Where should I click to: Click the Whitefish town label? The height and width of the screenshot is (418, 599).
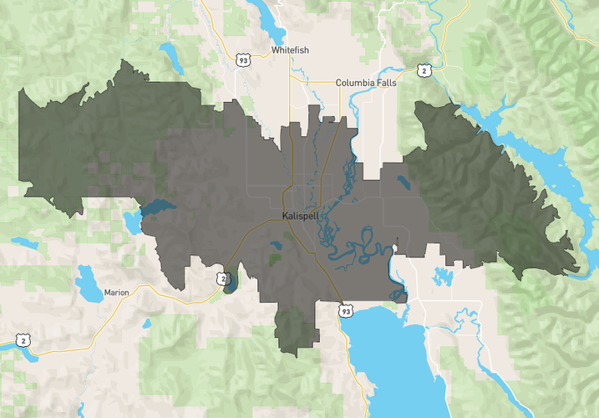[290, 50]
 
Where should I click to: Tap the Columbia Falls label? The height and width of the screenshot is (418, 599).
[365, 83]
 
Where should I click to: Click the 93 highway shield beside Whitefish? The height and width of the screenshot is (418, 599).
[242, 60]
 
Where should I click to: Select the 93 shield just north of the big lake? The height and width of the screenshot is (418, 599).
[345, 311]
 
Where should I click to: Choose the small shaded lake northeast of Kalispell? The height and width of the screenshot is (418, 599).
[404, 181]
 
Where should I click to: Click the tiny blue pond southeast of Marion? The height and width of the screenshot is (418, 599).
[146, 323]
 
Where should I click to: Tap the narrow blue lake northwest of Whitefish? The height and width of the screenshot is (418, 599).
[173, 55]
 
